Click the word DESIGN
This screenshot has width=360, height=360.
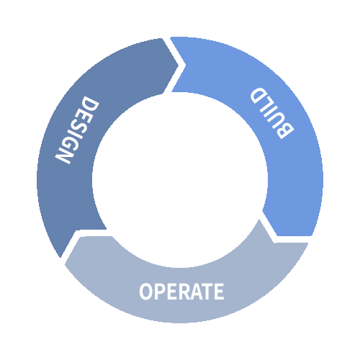tap(77, 130)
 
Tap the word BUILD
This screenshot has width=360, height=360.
tap(272, 113)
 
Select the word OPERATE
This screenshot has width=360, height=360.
tap(181, 292)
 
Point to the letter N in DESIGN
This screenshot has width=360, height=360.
tap(64, 156)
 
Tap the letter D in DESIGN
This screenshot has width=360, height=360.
tap(90, 103)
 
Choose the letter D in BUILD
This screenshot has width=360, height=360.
tap(258, 95)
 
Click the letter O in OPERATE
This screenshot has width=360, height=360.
tap(146, 292)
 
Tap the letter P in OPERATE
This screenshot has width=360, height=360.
tap(161, 292)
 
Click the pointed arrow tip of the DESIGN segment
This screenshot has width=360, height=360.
tap(179, 65)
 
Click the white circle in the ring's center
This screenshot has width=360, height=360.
tap(180, 180)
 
